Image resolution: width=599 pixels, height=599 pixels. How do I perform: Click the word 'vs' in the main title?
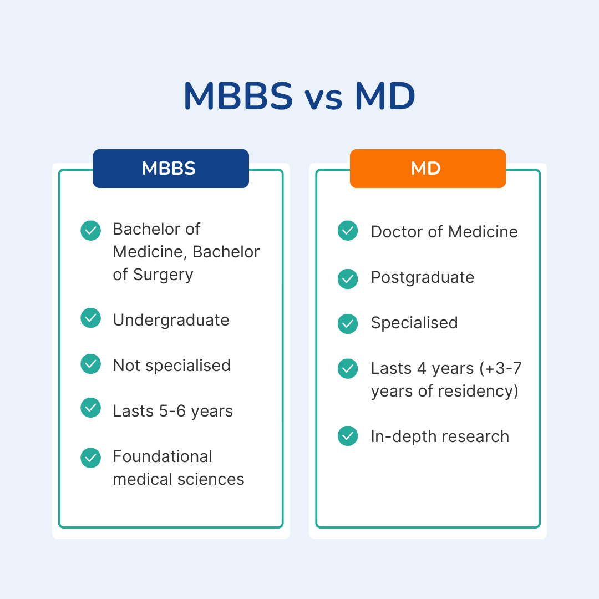[323, 99]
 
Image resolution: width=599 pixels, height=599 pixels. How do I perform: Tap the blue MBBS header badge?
[171, 169]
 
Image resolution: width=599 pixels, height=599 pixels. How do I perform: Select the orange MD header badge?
[428, 169]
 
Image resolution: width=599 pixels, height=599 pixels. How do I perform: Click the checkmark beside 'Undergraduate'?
[90, 318]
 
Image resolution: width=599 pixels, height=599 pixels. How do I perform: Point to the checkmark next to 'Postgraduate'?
[348, 278]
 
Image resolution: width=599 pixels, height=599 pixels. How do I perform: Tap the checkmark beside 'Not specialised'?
[90, 364]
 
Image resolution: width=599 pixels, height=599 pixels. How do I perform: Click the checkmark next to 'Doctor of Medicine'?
[348, 230]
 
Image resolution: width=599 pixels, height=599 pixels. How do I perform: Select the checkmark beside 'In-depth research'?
[348, 436]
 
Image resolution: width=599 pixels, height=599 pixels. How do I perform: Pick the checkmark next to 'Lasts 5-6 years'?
[90, 408]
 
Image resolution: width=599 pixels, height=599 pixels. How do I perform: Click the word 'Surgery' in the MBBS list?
[163, 276]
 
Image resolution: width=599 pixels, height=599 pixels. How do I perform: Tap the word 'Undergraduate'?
[171, 321]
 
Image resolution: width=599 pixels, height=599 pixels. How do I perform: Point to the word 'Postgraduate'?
[423, 278]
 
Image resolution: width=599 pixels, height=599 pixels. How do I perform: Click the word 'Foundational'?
[163, 456]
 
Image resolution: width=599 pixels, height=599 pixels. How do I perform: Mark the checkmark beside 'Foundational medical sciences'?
[90, 458]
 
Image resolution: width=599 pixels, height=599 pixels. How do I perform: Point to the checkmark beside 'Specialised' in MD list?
[348, 324]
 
